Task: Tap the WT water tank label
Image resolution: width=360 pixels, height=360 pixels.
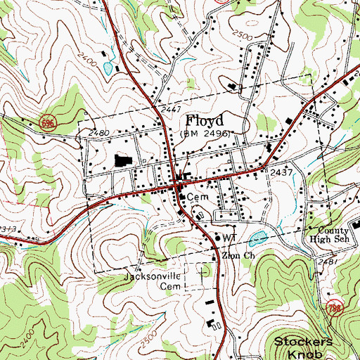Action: [227, 238]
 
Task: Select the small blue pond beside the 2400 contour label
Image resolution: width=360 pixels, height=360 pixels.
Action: [107, 68]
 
